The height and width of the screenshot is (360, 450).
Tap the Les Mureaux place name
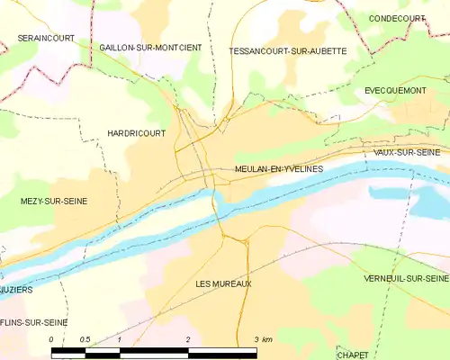223,283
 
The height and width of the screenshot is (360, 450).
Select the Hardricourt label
134,131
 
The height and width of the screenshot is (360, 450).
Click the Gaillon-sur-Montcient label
151,47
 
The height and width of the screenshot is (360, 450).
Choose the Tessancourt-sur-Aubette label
288,51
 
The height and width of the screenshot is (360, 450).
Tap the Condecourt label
397,19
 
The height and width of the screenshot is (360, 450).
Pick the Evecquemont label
395,91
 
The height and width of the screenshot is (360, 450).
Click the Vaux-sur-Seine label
408,153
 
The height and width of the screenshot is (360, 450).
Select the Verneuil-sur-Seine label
405,278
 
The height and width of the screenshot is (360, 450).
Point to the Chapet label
353,353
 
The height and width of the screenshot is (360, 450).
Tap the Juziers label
17,292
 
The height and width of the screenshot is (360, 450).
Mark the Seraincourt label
45,38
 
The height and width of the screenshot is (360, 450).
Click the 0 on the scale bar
51,339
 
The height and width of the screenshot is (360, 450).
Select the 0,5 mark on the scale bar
84,339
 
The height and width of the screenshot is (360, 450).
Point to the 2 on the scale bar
187,339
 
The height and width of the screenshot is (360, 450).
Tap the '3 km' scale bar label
263,339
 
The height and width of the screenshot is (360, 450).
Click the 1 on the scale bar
119,339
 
